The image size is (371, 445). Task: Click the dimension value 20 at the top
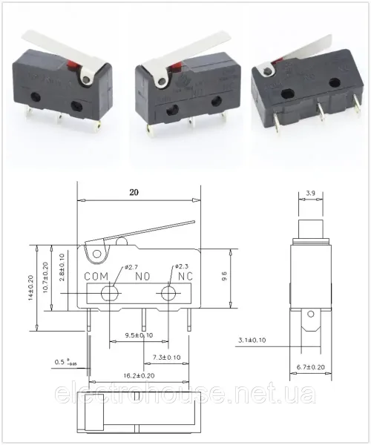[134, 191]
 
